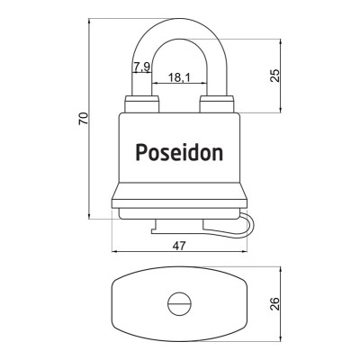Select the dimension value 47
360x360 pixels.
tap(179, 244)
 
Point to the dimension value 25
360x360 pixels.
tap(275, 75)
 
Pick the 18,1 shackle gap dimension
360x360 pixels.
tap(178, 78)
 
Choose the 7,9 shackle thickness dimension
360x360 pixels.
tap(141, 67)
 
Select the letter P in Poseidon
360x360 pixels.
tap(140, 152)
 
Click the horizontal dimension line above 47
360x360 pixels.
tap(179, 253)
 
